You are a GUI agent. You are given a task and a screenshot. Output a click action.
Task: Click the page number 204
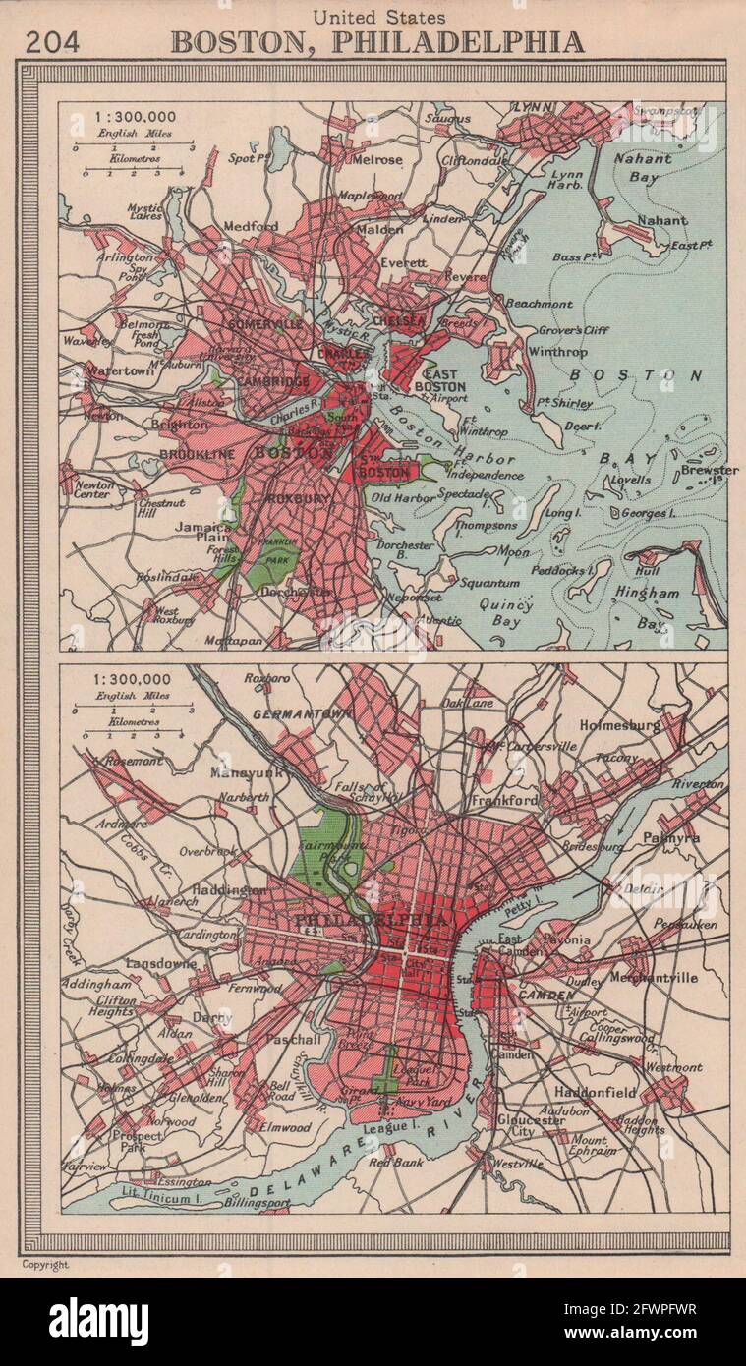pos(52,41)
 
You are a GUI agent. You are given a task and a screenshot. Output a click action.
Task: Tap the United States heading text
pos(379,17)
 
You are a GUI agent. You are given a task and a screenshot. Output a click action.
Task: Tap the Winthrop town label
pos(556,351)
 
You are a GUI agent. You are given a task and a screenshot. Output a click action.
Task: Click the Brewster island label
pos(709,470)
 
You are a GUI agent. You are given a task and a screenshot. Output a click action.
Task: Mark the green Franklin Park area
pos(272,560)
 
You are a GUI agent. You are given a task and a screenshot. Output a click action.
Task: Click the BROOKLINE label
pos(197,454)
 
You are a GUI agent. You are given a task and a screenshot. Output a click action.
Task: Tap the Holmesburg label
pos(648,725)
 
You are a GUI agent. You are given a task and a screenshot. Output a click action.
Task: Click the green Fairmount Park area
pos(322,848)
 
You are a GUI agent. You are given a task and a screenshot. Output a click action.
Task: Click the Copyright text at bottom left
pos(45,1265)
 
